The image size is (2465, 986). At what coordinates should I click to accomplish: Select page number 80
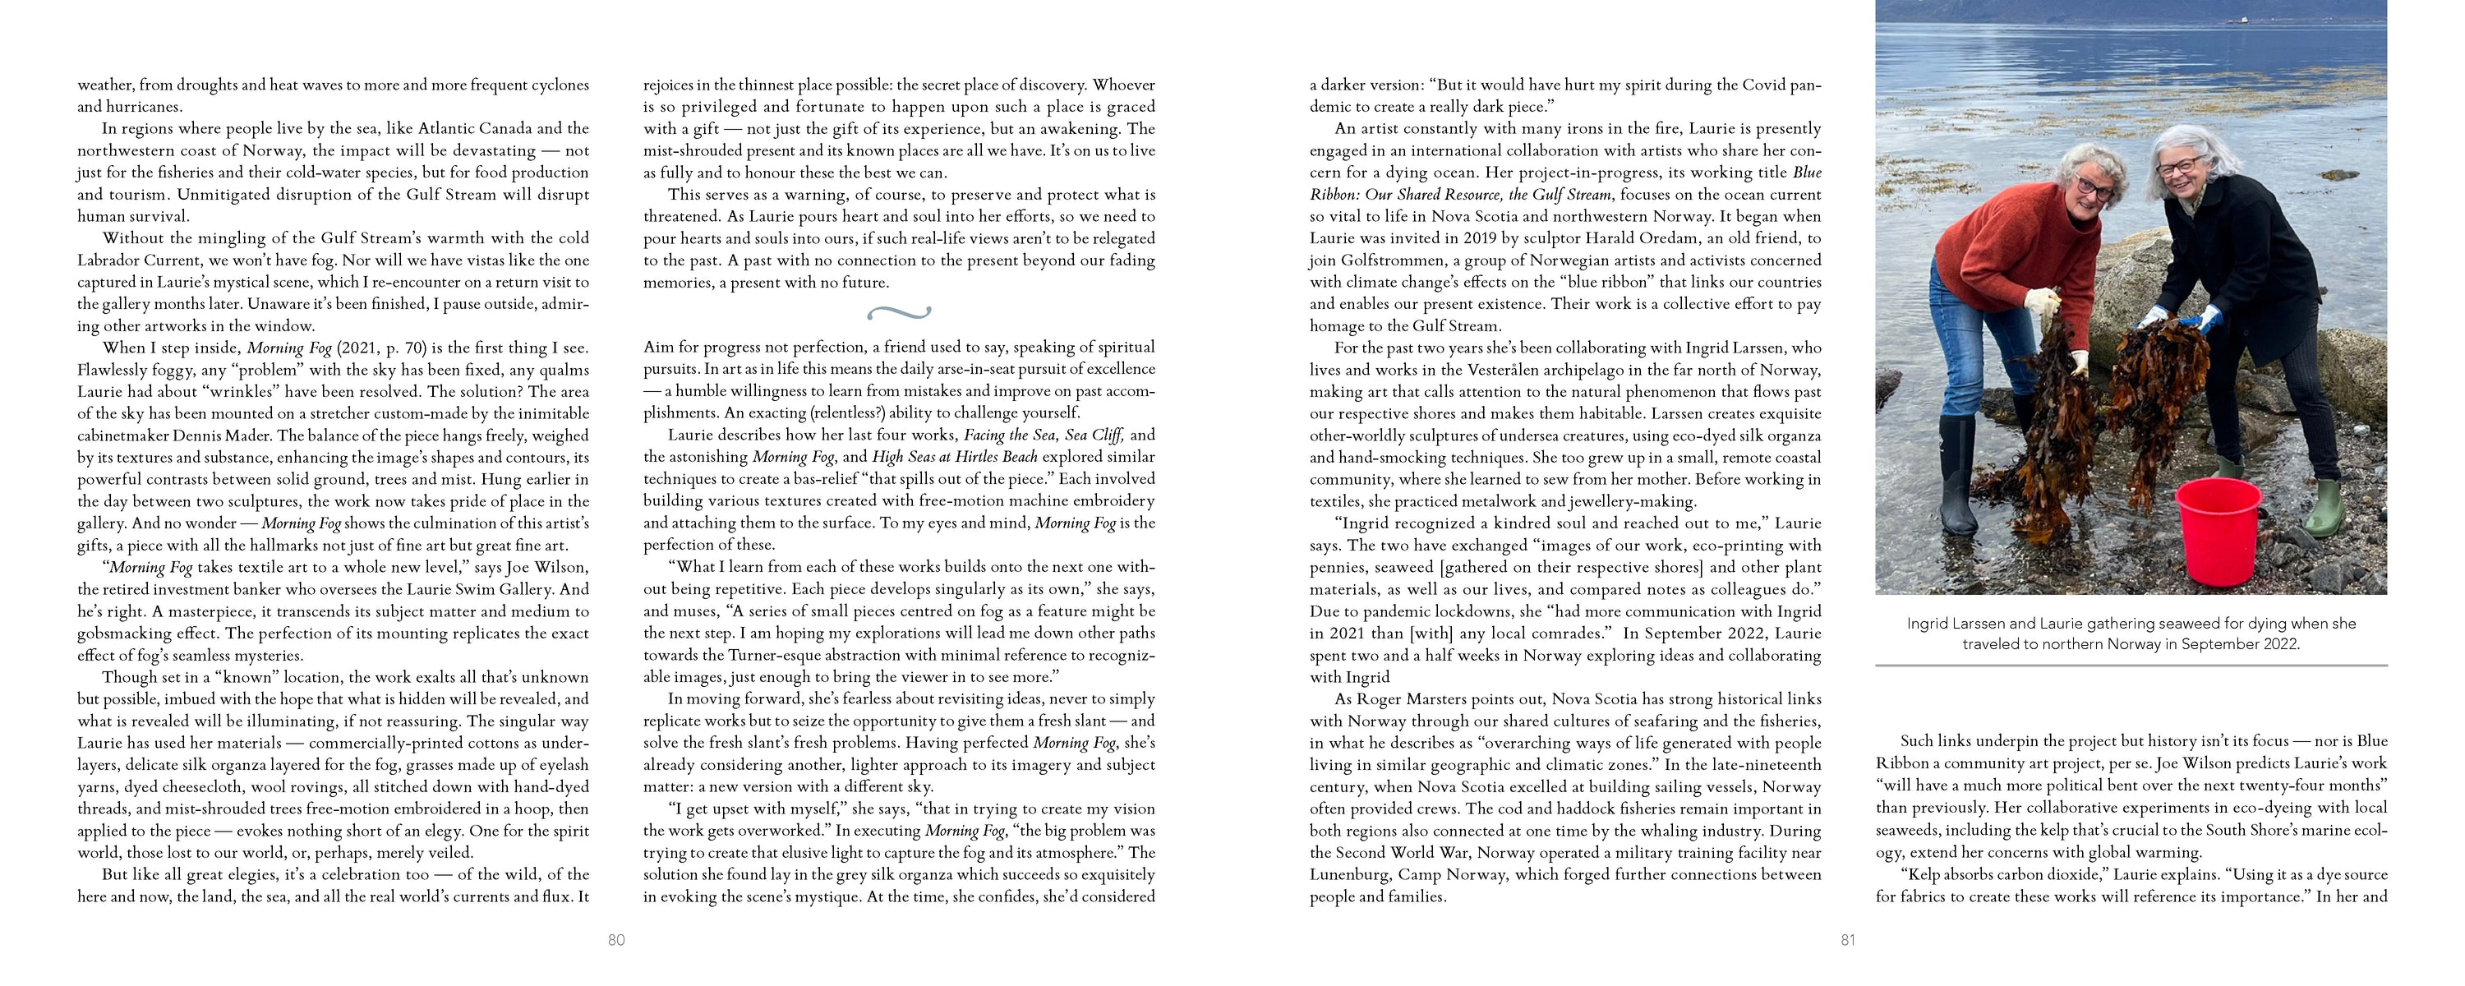click(616, 940)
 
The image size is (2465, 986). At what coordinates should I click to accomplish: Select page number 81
click(1848, 940)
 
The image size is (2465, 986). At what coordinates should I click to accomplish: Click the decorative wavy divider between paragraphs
click(899, 312)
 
